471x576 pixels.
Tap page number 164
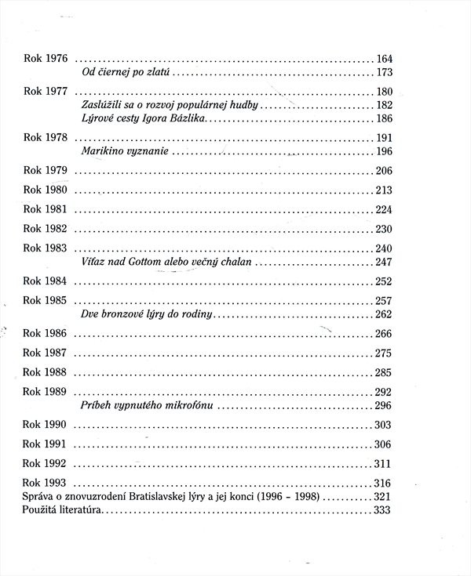[x=384, y=60]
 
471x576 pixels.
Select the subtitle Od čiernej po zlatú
[x=126, y=73]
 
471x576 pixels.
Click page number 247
[x=384, y=262]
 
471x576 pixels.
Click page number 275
[x=384, y=353]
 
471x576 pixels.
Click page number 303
[x=384, y=425]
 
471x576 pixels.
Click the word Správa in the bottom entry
[x=39, y=497]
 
